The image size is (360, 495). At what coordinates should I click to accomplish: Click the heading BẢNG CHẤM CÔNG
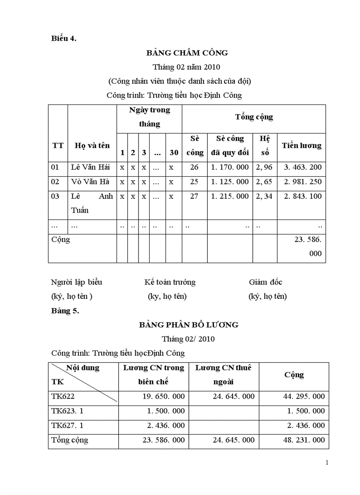click(x=187, y=53)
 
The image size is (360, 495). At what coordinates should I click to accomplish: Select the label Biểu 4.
click(x=64, y=38)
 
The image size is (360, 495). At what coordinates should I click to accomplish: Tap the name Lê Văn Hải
click(x=90, y=167)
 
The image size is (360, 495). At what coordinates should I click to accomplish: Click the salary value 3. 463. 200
click(x=303, y=167)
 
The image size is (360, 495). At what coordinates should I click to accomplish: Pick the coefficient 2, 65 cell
click(x=264, y=182)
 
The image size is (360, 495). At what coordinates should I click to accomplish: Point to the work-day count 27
click(x=194, y=196)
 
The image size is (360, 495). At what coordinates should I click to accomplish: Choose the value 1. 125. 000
click(x=230, y=182)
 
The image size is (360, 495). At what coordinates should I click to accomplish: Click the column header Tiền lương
click(x=302, y=145)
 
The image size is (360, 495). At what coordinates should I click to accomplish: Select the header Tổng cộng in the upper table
click(x=254, y=117)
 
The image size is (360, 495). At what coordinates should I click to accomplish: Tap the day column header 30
click(x=174, y=153)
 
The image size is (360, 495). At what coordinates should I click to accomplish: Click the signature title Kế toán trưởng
click(x=170, y=282)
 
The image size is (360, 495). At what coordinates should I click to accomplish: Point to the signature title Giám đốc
click(x=266, y=282)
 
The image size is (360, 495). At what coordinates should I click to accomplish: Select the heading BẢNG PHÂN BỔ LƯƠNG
click(x=188, y=325)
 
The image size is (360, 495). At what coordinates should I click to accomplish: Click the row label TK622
click(x=63, y=396)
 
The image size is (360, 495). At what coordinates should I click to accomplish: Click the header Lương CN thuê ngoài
click(x=223, y=375)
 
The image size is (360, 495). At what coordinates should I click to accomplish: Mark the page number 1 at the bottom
click(x=327, y=462)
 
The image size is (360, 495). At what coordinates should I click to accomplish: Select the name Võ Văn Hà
click(x=90, y=182)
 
